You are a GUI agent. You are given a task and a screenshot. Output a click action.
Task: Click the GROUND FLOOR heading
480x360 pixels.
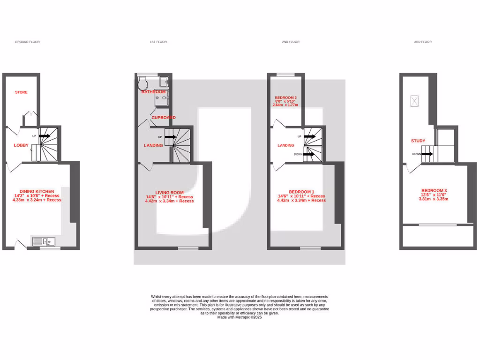pos(27,42)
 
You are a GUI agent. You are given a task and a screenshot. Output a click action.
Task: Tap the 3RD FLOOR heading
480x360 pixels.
pos(423,42)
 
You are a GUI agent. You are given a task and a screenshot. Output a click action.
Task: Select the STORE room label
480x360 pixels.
pos(21,92)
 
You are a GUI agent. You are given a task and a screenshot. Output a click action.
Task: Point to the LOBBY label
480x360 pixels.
pos(21,145)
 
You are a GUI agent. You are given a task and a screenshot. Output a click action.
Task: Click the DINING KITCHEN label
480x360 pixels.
pos(37,191)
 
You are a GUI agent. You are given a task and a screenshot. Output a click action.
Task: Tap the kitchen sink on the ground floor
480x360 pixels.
pos(44,241)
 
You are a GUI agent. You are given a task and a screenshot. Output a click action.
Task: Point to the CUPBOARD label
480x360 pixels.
pos(163,117)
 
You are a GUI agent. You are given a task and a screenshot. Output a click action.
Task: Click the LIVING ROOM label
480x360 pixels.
pos(169,193)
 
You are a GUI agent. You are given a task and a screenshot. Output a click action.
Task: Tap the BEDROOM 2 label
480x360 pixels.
pos(285,97)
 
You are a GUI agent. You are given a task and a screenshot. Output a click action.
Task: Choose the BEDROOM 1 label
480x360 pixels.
pos(301,192)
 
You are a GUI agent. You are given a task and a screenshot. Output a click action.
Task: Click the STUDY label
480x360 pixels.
pos(418,141)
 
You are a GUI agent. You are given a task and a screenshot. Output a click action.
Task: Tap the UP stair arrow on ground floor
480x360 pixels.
pos(45,136)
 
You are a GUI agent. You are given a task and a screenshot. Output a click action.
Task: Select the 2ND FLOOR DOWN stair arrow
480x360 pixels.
pos(309,154)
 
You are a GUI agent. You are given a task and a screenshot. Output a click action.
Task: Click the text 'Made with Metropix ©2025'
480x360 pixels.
pos(240,317)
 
